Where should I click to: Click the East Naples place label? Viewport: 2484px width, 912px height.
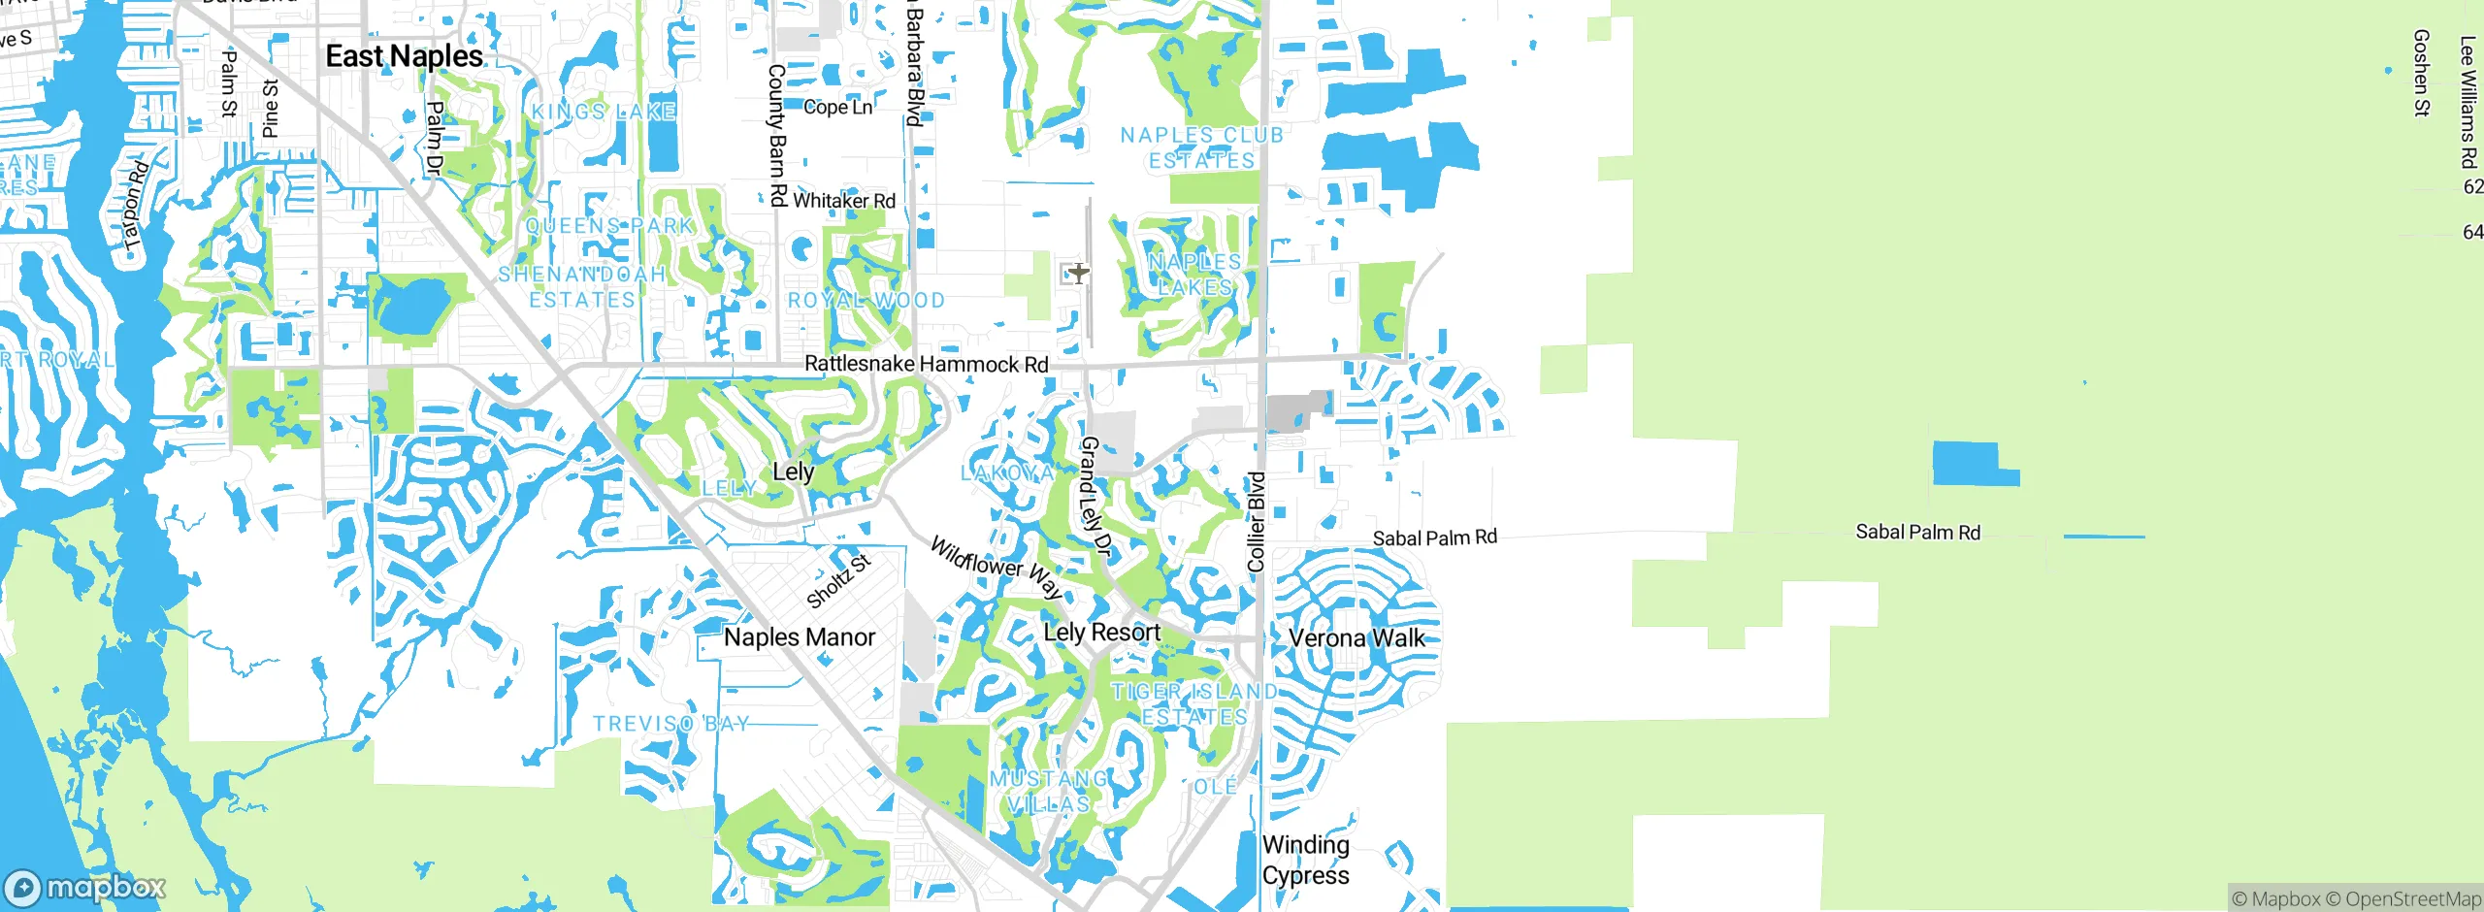pyautogui.click(x=404, y=56)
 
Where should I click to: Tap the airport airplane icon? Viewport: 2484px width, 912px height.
pyautogui.click(x=1078, y=274)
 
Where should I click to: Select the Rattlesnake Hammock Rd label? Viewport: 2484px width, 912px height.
pyautogui.click(x=926, y=364)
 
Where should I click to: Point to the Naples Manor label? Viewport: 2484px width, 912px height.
pyautogui.click(x=800, y=637)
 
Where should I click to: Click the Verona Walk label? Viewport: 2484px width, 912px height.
pyautogui.click(x=1356, y=638)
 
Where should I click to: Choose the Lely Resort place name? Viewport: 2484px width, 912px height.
pyautogui.click(x=1101, y=633)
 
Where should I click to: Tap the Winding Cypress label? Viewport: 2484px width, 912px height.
pyautogui.click(x=1305, y=860)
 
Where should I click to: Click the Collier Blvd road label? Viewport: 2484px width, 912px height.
pyautogui.click(x=1257, y=522)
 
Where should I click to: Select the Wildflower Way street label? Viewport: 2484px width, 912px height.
pyautogui.click(x=996, y=568)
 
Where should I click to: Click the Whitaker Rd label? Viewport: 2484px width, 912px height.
pyautogui.click(x=843, y=201)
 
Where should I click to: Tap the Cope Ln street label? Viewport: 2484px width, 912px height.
pyautogui.click(x=837, y=107)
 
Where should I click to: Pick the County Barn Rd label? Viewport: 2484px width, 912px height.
pyautogui.click(x=777, y=136)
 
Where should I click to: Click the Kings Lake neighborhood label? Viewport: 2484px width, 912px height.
pyautogui.click(x=603, y=112)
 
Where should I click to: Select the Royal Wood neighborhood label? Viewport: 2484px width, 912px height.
pyautogui.click(x=866, y=301)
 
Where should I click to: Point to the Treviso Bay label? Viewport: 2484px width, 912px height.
pyautogui.click(x=670, y=724)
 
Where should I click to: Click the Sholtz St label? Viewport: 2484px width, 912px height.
pyautogui.click(x=838, y=580)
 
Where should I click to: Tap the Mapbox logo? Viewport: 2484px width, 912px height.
pyautogui.click(x=85, y=887)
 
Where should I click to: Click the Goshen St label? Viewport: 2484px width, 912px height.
pyautogui.click(x=2421, y=73)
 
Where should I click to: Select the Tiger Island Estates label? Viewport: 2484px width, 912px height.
pyautogui.click(x=1193, y=704)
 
